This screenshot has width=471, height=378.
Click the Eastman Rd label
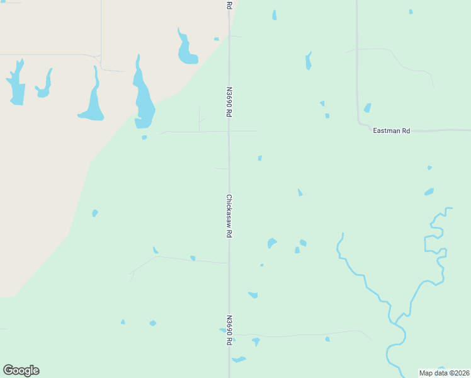[391, 131]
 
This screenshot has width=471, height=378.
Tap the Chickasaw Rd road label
[229, 215]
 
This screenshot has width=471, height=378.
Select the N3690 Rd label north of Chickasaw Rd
[229, 101]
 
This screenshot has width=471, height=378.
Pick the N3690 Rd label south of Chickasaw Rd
[229, 330]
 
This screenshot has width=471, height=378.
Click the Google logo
[21, 370]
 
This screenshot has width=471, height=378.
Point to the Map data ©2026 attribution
[444, 372]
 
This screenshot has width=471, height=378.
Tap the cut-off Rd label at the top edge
[229, 4]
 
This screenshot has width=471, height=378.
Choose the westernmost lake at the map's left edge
[16, 84]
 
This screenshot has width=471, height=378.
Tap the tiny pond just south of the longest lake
[144, 137]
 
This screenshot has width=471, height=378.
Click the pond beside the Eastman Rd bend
[367, 108]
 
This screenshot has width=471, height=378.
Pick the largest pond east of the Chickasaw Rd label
[271, 243]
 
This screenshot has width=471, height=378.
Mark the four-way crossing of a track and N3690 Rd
[229, 131]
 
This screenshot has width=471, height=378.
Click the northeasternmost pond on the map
[411, 11]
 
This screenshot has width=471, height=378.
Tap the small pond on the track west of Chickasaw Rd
[193, 258]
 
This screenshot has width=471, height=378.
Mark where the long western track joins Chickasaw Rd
[229, 263]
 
